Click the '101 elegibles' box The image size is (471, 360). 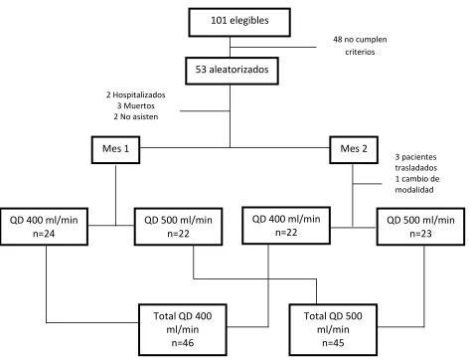tap(239, 22)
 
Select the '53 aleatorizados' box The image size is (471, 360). tap(232, 71)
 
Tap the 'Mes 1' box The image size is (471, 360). tap(115, 150)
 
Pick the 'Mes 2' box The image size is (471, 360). tap(354, 150)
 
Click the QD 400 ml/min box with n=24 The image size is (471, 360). tap(44, 227)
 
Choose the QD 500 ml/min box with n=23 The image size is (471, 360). tap(420, 227)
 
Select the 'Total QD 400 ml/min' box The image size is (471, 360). tap(183, 329)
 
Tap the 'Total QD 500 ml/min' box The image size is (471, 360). tap(333, 329)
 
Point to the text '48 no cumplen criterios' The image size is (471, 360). tap(360, 46)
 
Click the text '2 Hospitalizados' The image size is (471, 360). tap(136, 94)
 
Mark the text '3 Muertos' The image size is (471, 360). tap(136, 105)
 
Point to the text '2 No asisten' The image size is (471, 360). tap(136, 116)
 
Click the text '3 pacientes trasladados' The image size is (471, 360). tap(416, 162)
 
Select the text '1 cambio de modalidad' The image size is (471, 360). tap(417, 184)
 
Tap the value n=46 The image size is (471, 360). tap(183, 343)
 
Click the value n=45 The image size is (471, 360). tap(333, 343)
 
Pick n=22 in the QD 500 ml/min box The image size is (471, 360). tap(178, 234)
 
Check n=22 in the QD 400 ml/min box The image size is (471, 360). tap(286, 233)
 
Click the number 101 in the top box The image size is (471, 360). tap(219, 21)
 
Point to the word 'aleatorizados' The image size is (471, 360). tap(238, 70)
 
